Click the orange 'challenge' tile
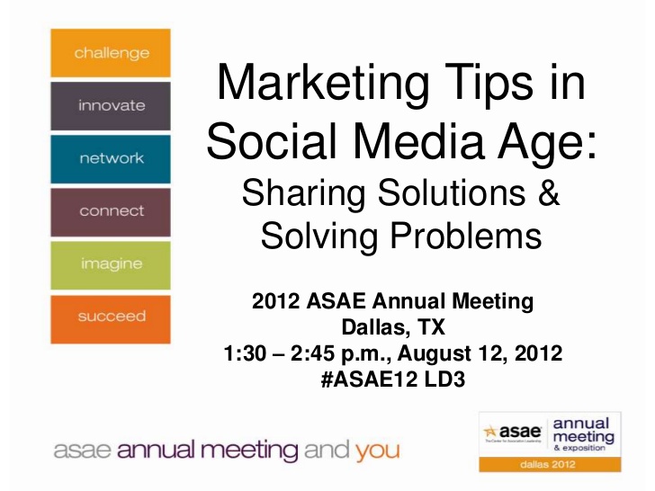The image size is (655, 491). [111, 53]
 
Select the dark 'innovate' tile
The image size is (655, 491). [111, 105]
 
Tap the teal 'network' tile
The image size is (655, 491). [111, 158]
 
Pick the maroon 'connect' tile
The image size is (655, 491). [111, 211]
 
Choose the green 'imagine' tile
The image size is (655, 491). [111, 264]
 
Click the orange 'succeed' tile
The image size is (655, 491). [111, 317]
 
